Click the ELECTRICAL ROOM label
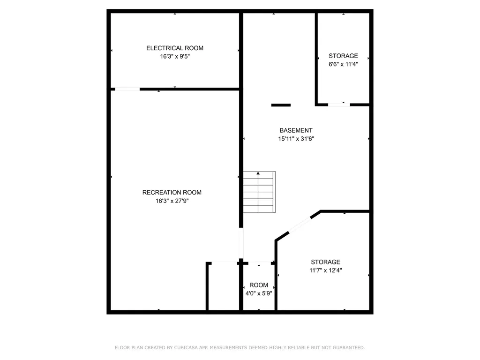pyautogui.click(x=175, y=48)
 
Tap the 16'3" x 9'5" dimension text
pyautogui.click(x=175, y=56)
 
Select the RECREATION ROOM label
pyautogui.click(x=172, y=193)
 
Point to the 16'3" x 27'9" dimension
pyautogui.click(x=172, y=201)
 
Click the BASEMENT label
pyautogui.click(x=296, y=130)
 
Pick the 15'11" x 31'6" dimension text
pyautogui.click(x=296, y=139)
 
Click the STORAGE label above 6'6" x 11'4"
pyautogui.click(x=343, y=56)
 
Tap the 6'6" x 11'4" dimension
pyautogui.click(x=343, y=64)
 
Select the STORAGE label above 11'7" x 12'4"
pyautogui.click(x=325, y=262)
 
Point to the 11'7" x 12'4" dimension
pyautogui.click(x=325, y=270)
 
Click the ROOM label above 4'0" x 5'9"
pyautogui.click(x=259, y=285)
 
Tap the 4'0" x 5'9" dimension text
pyautogui.click(x=259, y=293)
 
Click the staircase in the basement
pyautogui.click(x=260, y=192)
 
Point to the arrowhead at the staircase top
pyautogui.click(x=258, y=173)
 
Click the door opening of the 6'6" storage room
pyautogui.click(x=339, y=105)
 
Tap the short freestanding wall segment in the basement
pyautogui.click(x=281, y=105)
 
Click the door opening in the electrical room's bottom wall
pyautogui.click(x=127, y=89)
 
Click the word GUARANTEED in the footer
pyautogui.click(x=349, y=348)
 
